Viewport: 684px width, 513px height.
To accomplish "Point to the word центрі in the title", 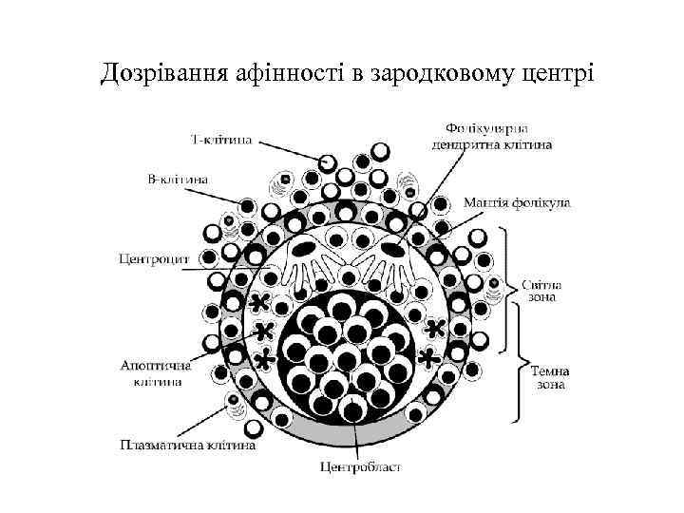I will coord(549,73).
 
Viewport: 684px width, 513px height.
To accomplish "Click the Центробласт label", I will coord(360,465).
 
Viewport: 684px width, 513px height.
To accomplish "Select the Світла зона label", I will coord(542,289).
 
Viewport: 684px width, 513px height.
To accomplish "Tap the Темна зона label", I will coord(550,378).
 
